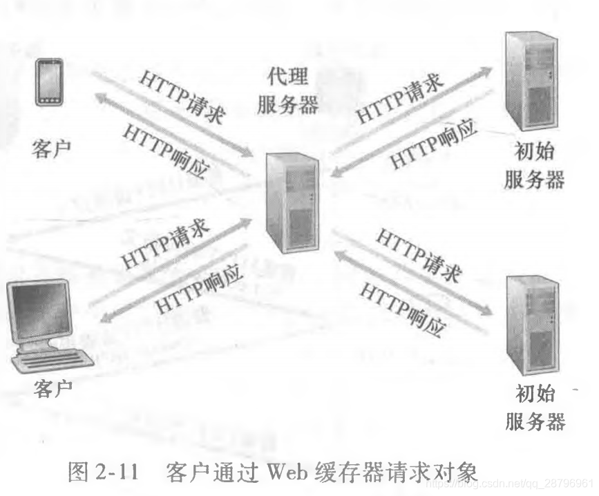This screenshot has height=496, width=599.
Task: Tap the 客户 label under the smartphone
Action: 51,149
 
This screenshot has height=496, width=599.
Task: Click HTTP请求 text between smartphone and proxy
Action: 182,96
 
